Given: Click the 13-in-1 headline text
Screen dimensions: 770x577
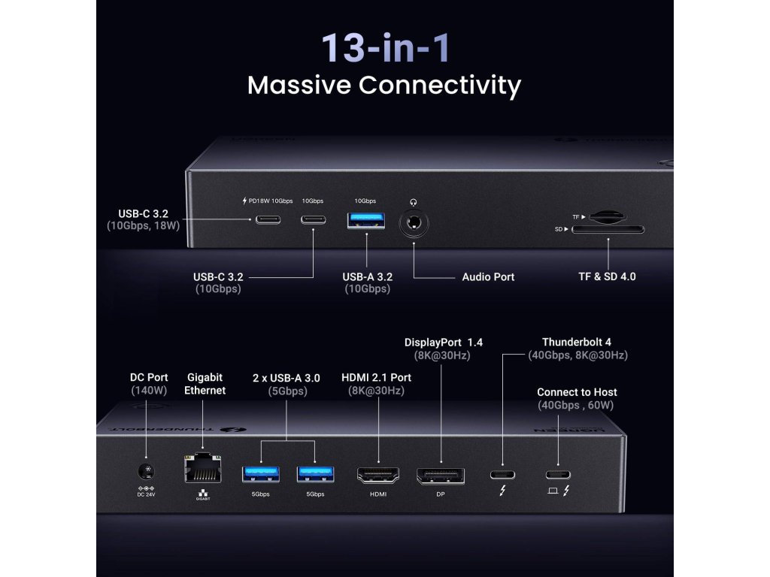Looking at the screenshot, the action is point(385,47).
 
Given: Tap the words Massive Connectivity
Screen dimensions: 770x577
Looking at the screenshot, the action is point(384,85).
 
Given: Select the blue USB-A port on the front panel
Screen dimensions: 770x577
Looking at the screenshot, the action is point(365,222).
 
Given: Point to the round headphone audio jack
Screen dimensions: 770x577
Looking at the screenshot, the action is point(413,223).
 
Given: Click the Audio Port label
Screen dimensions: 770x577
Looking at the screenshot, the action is point(488,277).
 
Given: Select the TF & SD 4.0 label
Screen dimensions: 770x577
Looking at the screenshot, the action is point(602,276).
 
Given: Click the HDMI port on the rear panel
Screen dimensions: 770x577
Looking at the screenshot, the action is point(377,474).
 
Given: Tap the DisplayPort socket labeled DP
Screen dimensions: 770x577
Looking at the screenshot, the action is point(441,475).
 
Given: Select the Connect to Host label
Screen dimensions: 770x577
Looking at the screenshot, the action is point(577,392).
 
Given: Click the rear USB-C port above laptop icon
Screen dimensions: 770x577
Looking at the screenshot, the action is point(557,474).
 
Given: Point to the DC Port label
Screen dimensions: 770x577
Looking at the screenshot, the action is point(149,377).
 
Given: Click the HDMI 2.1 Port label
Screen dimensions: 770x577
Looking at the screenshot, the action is point(376,378).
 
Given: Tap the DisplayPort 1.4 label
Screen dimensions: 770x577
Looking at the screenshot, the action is point(444,343).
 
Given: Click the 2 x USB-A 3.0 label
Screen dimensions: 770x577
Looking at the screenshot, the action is point(286,378).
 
